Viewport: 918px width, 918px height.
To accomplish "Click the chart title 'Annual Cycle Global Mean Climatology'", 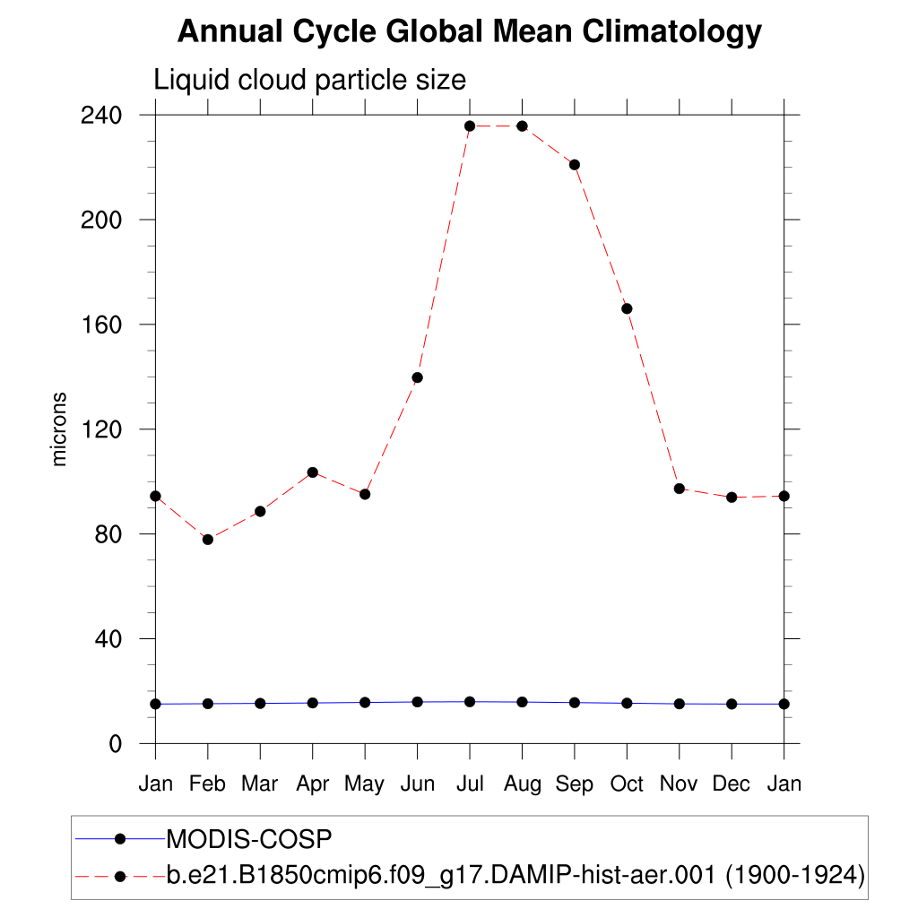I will click(x=469, y=32).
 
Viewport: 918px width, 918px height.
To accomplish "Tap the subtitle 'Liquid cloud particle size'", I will click(x=310, y=80).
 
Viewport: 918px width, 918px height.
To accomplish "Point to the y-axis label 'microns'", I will click(x=60, y=429).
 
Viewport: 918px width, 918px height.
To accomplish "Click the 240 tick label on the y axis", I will click(x=100, y=116).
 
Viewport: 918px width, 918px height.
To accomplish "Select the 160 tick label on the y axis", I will click(x=100, y=325).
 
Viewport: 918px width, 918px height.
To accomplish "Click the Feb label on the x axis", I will click(x=207, y=784).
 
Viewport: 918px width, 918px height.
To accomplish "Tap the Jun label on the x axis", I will click(x=417, y=784).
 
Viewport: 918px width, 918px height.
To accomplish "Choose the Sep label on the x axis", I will click(x=574, y=784).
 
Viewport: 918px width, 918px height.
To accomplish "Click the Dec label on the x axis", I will click(x=732, y=784).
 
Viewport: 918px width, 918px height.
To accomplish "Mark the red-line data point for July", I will click(x=470, y=126).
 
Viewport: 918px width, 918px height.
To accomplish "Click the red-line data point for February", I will click(x=208, y=540).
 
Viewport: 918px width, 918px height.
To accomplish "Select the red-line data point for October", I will click(x=627, y=308).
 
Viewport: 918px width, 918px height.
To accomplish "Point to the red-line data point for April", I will click(x=313, y=472).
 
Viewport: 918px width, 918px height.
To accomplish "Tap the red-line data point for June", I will click(x=417, y=377).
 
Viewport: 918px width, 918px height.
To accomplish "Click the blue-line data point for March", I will click(x=260, y=704).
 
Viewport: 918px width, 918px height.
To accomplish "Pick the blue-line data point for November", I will click(x=679, y=704).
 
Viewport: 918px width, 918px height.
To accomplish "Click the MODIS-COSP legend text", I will click(x=250, y=839).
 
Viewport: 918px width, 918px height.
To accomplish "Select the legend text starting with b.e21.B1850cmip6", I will click(x=515, y=875).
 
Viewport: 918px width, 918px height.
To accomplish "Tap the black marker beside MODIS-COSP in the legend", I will click(x=120, y=839).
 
